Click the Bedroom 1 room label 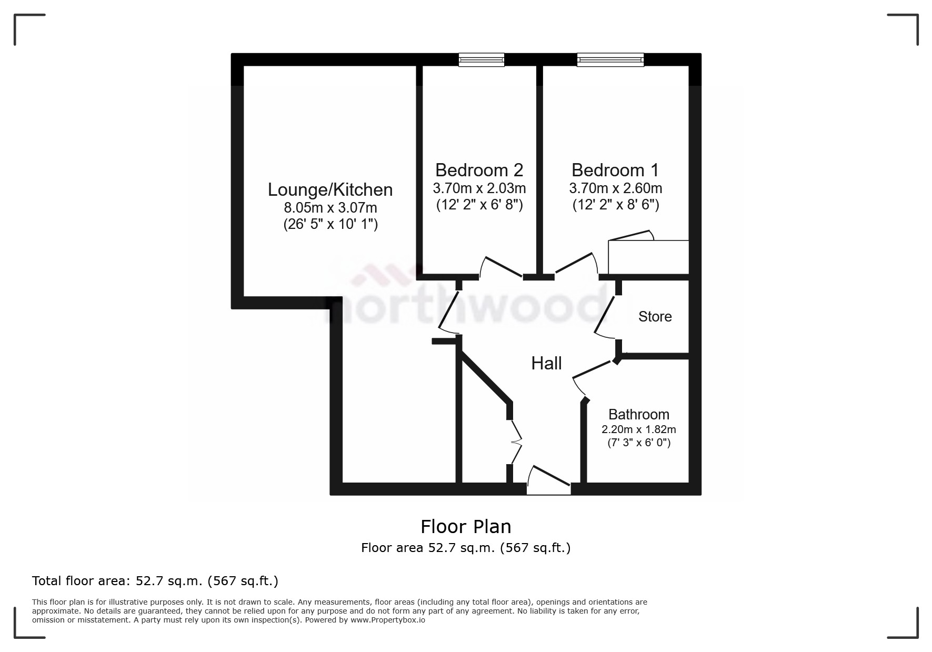(x=615, y=170)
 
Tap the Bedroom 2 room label (x=479, y=170)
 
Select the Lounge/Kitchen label (x=330, y=189)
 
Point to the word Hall (x=546, y=363)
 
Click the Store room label (x=655, y=316)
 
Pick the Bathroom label (x=638, y=414)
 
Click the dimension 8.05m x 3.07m (x=330, y=207)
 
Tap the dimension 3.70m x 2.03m (x=479, y=188)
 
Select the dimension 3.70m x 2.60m (x=615, y=188)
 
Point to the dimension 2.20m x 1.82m (x=638, y=429)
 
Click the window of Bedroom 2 (x=481, y=59)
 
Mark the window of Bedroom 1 (x=610, y=59)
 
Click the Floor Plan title (x=466, y=526)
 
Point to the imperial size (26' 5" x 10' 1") (x=330, y=225)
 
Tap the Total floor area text (x=155, y=581)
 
